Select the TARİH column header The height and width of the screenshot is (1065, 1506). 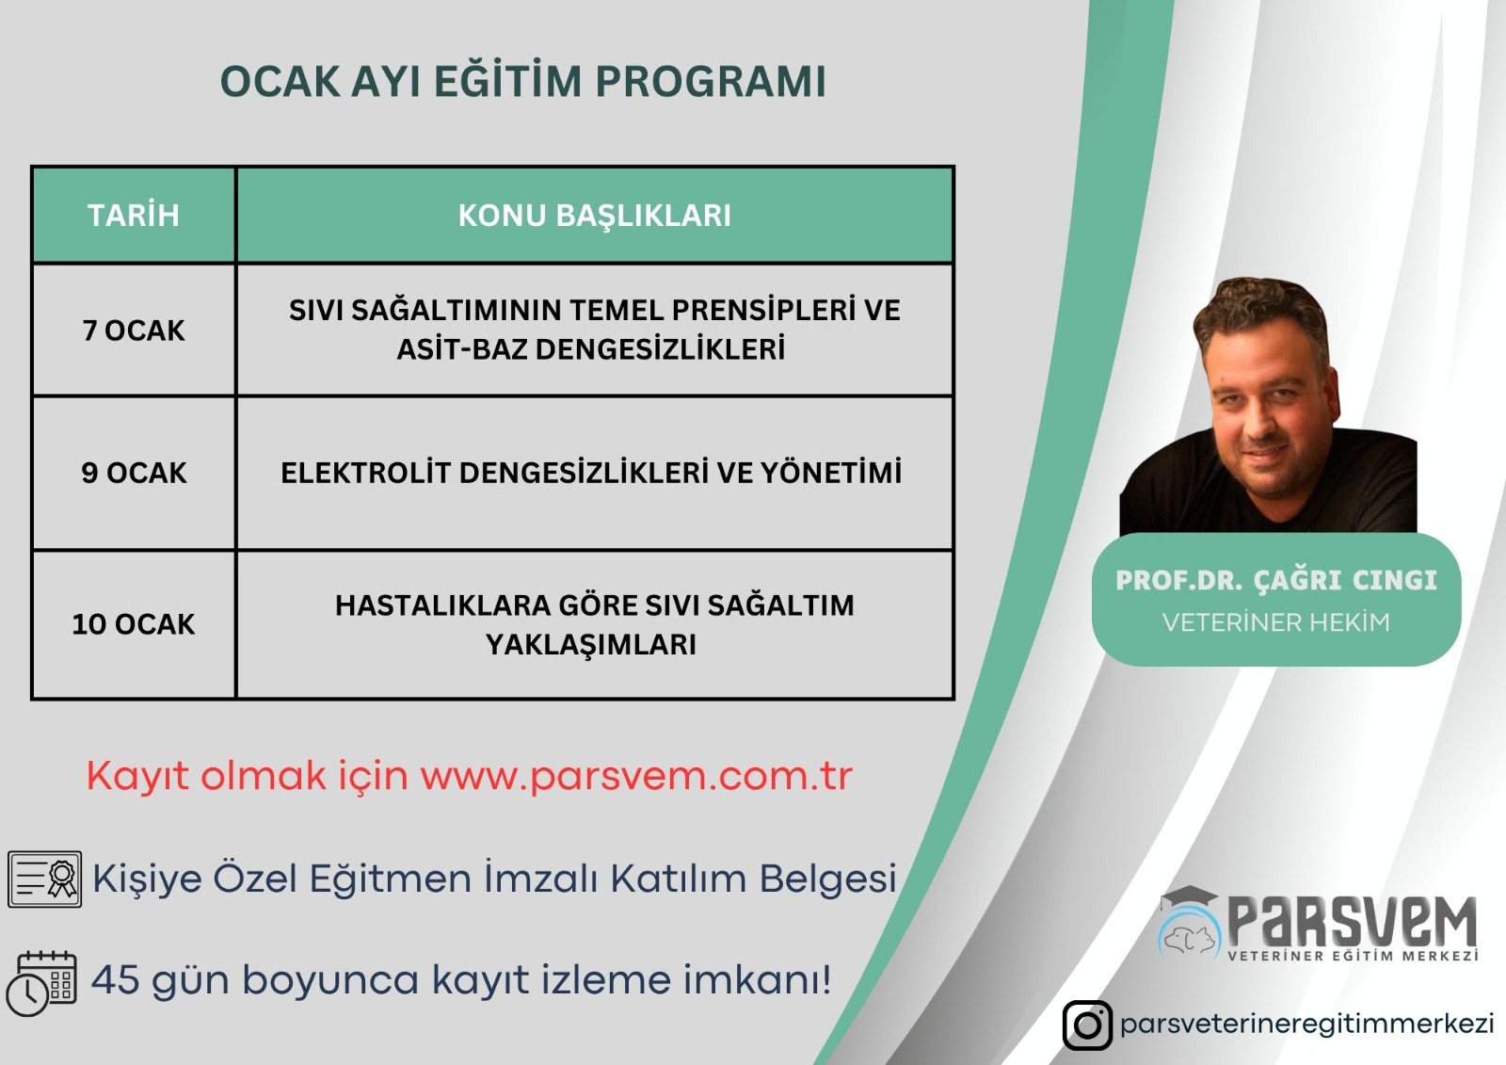(x=134, y=216)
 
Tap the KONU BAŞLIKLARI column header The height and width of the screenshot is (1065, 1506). (x=594, y=216)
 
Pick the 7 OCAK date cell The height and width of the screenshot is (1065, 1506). (x=134, y=331)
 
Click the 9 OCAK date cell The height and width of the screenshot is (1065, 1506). (x=134, y=473)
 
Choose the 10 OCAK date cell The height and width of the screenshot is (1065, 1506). (x=134, y=623)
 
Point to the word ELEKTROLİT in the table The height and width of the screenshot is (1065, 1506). (x=364, y=473)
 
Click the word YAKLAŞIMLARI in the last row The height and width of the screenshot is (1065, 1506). (x=591, y=644)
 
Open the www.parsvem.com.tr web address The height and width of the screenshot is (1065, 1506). (x=636, y=776)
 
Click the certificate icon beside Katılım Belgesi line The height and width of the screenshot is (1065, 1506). (x=45, y=879)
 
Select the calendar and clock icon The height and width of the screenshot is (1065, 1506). (x=41, y=984)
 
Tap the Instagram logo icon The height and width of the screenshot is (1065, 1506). (x=1087, y=1025)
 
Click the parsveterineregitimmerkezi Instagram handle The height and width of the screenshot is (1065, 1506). (x=1307, y=1025)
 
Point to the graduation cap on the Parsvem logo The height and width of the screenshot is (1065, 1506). (x=1189, y=899)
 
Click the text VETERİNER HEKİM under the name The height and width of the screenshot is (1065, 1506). (x=1276, y=622)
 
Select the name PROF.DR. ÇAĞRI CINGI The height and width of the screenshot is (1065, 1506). (x=1276, y=580)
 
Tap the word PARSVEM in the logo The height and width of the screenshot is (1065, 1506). (x=1353, y=923)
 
